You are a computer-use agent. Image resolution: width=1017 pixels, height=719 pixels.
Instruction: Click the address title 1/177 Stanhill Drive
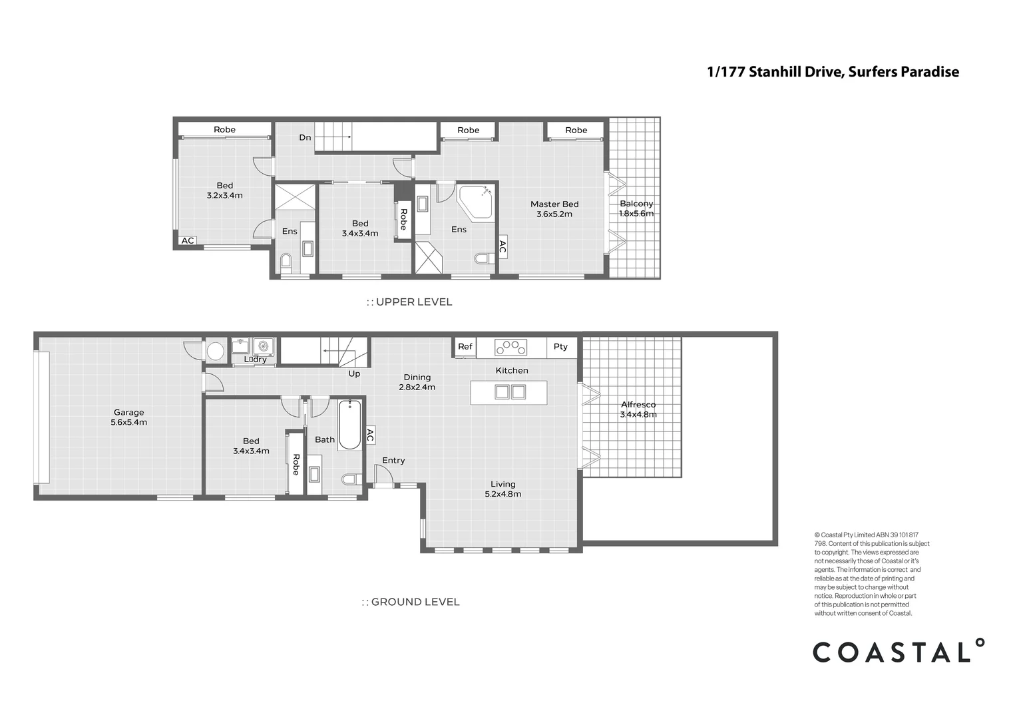833,72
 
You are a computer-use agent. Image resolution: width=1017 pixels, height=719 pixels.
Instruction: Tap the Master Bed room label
554,209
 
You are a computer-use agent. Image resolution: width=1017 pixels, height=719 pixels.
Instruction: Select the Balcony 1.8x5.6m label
636,208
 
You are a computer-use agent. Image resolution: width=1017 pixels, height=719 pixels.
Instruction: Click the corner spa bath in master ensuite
476,202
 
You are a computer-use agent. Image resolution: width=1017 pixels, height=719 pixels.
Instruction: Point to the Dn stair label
305,138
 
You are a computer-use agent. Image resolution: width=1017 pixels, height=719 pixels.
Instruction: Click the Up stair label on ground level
354,373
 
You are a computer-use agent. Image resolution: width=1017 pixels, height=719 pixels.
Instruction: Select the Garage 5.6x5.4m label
128,417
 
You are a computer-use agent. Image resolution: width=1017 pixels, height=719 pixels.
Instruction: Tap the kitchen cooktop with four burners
510,348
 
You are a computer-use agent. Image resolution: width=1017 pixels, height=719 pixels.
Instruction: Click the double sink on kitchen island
510,392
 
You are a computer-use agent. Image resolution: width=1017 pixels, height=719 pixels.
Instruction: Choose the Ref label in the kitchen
465,347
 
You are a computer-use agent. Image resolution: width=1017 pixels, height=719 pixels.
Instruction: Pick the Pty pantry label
560,347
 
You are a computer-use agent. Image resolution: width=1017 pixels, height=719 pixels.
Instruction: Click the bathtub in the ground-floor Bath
349,425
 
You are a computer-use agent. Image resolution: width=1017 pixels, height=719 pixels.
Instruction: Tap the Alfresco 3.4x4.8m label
638,409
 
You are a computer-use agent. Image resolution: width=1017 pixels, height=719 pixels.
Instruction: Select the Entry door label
393,460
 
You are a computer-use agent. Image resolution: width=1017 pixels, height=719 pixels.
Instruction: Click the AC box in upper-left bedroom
188,240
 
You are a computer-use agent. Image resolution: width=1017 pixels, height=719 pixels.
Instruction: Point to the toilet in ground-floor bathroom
350,479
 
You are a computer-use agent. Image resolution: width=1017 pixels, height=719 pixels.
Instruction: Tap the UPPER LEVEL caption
409,302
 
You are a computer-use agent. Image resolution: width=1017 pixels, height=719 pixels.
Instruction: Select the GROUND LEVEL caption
411,602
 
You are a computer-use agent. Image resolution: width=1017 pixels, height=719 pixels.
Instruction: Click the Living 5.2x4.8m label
503,489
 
